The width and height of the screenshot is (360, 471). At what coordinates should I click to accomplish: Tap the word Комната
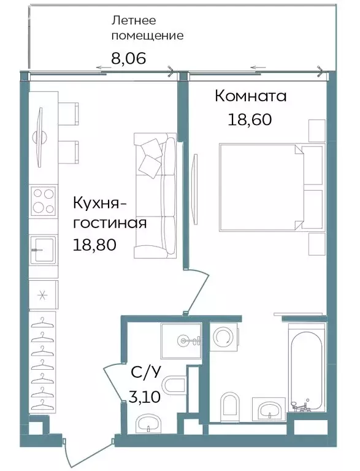pyautogui.click(x=250, y=96)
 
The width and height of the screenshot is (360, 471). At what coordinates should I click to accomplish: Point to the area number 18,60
pyautogui.click(x=249, y=118)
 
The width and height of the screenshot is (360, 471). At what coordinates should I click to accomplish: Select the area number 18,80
pyautogui.click(x=94, y=243)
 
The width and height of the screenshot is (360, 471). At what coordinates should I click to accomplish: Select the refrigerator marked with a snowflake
pyautogui.click(x=43, y=294)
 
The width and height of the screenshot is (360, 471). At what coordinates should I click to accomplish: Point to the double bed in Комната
pyautogui.click(x=261, y=186)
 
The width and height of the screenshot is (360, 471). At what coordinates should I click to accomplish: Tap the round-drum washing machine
pyautogui.click(x=224, y=336)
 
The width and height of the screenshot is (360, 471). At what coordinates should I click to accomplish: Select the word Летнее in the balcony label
pyautogui.click(x=130, y=20)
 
